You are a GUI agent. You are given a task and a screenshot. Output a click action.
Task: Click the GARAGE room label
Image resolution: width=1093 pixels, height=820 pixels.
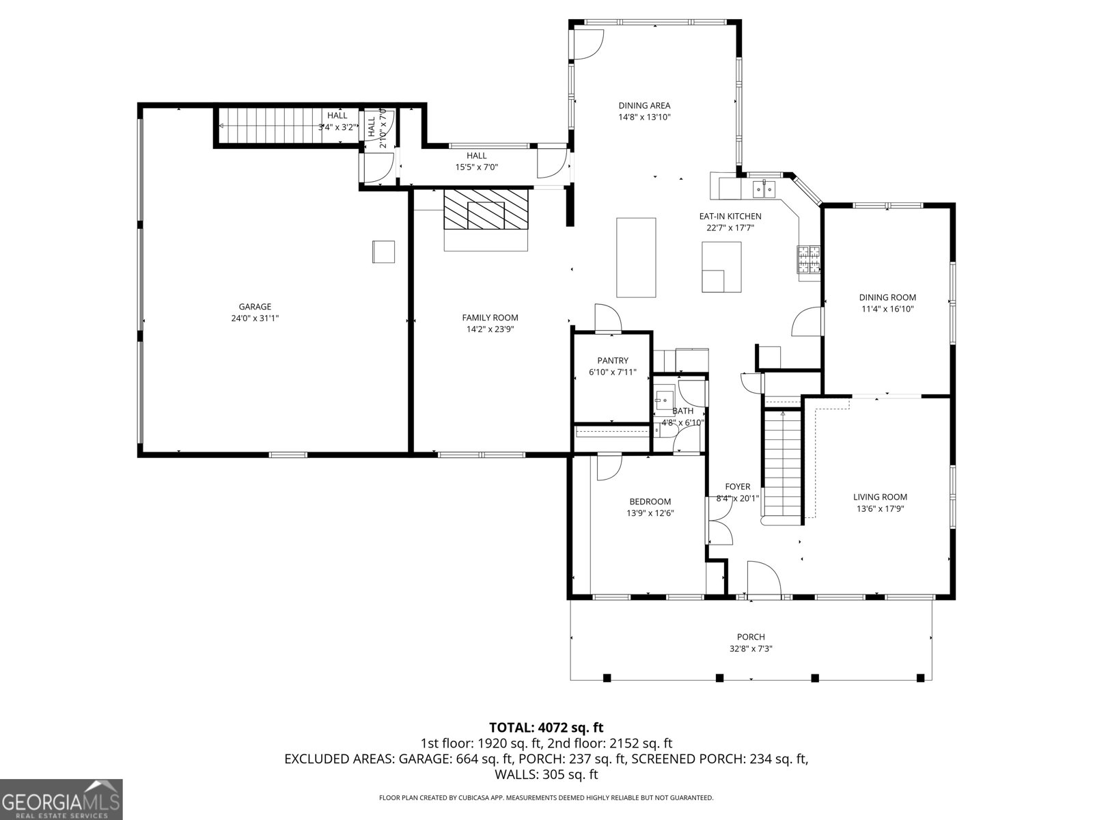click(255, 307)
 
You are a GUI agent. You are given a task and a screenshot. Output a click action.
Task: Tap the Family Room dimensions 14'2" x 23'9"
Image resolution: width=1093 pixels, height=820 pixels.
click(490, 329)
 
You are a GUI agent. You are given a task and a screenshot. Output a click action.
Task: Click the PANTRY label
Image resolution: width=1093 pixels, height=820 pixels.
click(612, 361)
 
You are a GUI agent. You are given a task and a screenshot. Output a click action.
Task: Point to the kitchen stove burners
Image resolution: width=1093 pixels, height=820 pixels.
click(809, 260)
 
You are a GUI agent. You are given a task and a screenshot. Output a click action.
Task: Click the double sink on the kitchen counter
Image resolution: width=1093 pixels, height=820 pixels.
click(766, 188)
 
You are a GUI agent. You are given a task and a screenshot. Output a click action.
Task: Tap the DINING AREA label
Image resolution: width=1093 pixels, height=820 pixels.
click(644, 105)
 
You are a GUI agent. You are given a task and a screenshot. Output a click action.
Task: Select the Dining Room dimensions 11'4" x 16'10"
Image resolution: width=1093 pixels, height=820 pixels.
click(887, 309)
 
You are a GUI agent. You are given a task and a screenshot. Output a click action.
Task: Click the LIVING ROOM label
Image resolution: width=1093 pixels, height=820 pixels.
click(880, 497)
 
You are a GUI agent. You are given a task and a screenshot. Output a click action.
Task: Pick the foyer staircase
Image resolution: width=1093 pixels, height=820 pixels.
click(782, 465)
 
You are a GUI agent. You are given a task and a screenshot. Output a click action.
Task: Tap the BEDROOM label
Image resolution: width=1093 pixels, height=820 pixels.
click(650, 502)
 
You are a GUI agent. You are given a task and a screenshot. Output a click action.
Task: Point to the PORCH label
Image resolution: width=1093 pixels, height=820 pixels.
click(750, 637)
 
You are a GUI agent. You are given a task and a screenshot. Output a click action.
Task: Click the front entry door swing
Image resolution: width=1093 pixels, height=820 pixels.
click(763, 579)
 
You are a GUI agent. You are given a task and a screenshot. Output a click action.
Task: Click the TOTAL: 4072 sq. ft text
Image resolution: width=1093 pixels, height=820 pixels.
click(546, 728)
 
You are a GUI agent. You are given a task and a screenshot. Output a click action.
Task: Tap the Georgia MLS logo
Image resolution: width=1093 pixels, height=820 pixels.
click(61, 799)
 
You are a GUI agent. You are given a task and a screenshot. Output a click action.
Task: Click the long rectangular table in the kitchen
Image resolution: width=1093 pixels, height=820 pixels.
click(636, 257)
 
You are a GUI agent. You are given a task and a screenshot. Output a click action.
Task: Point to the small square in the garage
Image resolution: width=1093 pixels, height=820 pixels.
click(383, 251)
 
